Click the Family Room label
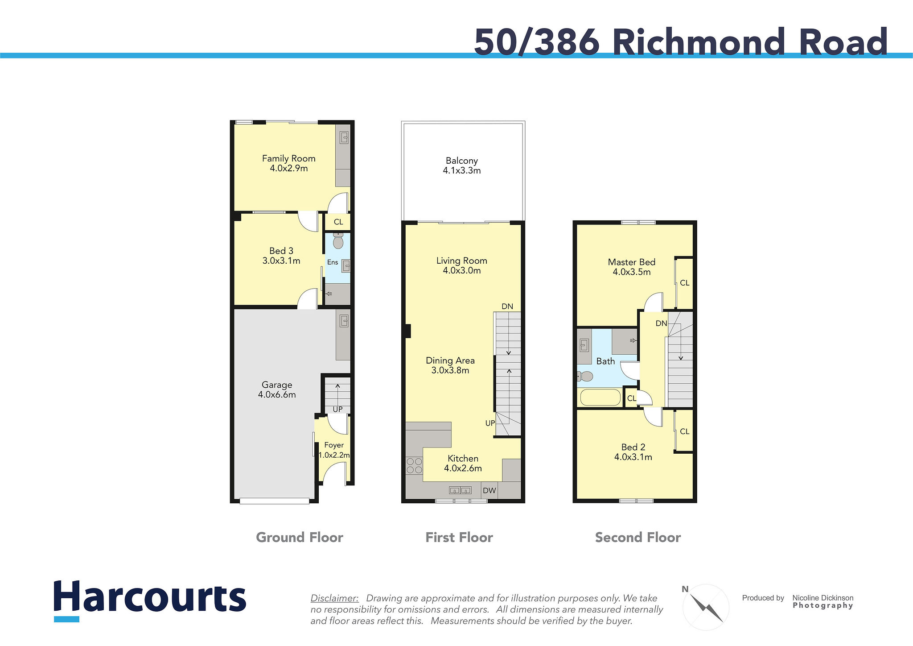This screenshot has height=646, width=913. [288, 158]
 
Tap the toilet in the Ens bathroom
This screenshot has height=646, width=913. [338, 241]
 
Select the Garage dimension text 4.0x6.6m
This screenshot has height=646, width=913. [277, 394]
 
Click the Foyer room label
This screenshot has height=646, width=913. [334, 445]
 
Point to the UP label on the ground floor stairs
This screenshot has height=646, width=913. [337, 409]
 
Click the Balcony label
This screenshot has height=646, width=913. [462, 161]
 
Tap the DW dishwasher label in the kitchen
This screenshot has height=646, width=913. [489, 490]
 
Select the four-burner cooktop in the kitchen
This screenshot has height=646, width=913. [414, 466]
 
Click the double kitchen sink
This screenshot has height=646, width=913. [460, 490]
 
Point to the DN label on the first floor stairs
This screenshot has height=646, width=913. [507, 306]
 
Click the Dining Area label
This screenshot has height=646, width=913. [450, 360]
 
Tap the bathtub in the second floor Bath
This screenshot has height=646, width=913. [600, 398]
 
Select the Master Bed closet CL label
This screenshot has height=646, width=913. [685, 283]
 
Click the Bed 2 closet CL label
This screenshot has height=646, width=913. [685, 431]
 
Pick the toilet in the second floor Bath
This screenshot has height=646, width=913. [585, 377]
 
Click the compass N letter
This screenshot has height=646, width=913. [685, 589]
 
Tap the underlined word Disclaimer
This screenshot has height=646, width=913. [334, 598]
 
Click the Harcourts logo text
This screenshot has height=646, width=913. [150, 596]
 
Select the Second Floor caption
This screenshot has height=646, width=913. [638, 537]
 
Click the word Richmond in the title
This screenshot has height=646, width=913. [699, 42]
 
